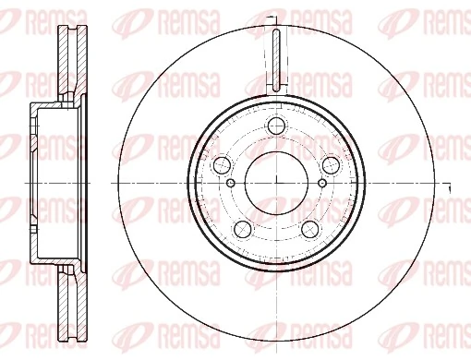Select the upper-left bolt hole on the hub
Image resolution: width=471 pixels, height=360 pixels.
click(x=222, y=166)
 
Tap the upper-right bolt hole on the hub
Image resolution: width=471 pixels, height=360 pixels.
click(x=331, y=166)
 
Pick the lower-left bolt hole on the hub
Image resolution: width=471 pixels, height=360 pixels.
click(x=242, y=229)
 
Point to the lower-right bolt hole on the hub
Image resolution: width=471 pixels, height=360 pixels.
click(x=309, y=229)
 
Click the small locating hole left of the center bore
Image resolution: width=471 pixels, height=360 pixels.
click(x=231, y=183)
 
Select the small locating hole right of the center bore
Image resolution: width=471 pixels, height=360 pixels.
click(x=321, y=183)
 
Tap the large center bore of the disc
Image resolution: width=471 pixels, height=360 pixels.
click(x=276, y=183)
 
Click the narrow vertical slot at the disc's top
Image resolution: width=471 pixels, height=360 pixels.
click(x=276, y=58)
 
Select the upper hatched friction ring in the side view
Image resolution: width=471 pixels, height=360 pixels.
click(x=67, y=60)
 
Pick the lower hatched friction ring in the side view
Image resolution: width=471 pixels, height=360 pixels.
click(x=67, y=305)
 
